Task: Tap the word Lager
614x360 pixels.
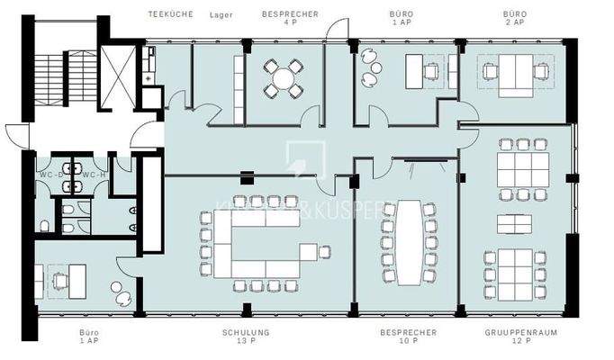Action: (x=221, y=15)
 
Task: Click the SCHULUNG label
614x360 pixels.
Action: (x=246, y=333)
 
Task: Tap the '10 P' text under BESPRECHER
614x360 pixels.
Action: (x=407, y=343)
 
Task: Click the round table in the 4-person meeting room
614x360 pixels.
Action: (x=284, y=78)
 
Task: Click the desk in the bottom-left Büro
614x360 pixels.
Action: (x=68, y=277)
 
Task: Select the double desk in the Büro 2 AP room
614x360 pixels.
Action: (x=513, y=72)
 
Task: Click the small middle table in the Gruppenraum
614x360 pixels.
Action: (x=513, y=223)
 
